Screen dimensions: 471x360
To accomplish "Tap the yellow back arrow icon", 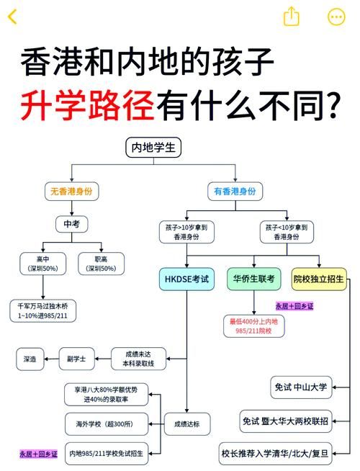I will tap(13, 16).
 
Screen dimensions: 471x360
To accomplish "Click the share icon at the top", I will tap(291, 17).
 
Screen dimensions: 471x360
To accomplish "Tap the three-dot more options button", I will tap(336, 17).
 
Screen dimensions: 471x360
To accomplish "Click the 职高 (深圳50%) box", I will tap(101, 264).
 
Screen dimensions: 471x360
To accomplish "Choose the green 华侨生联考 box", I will tap(253, 279).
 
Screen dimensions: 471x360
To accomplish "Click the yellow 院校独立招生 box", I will tap(318, 279).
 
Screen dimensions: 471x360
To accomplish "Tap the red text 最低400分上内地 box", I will tap(253, 326).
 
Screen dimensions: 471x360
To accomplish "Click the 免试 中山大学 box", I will tap(300, 387).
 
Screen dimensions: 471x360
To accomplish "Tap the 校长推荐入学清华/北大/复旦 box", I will tap(276, 454).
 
